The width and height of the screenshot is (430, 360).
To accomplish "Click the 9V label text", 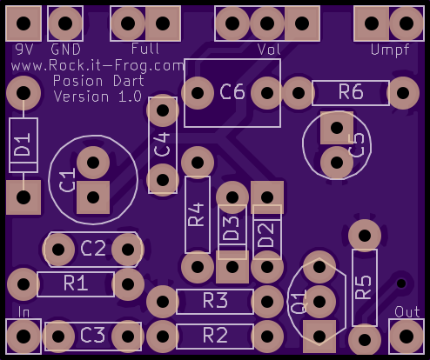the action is click(x=24, y=50).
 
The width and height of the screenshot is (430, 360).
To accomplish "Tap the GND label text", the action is click(x=65, y=50).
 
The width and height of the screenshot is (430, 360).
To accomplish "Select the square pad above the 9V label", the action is click(x=24, y=23).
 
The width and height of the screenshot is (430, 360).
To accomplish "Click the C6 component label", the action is click(x=232, y=92).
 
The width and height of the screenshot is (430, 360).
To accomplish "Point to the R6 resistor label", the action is click(x=351, y=92).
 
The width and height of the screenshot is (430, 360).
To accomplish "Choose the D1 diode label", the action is click(x=23, y=144).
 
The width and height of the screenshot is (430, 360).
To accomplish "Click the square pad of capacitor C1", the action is click(x=93, y=197).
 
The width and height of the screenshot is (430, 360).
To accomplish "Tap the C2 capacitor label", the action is click(x=93, y=249).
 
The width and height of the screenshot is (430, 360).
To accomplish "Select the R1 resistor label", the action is click(x=76, y=283).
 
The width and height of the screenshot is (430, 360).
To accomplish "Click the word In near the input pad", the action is click(x=24, y=312).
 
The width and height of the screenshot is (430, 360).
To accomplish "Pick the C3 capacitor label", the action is click(x=92, y=335).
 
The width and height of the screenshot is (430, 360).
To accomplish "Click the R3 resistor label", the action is click(x=215, y=301).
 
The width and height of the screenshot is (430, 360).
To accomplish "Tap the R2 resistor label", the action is click(x=215, y=335).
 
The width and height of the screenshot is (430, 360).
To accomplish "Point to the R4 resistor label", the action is click(x=197, y=215).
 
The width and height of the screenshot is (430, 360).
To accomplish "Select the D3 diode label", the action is click(x=231, y=229).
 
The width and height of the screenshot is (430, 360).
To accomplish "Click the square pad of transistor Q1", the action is click(x=319, y=337).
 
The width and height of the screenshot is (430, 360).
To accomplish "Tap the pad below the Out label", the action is click(x=406, y=337).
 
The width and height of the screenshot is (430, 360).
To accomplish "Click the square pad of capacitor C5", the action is click(x=337, y=128).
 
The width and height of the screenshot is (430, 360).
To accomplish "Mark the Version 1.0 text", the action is click(x=97, y=97).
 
